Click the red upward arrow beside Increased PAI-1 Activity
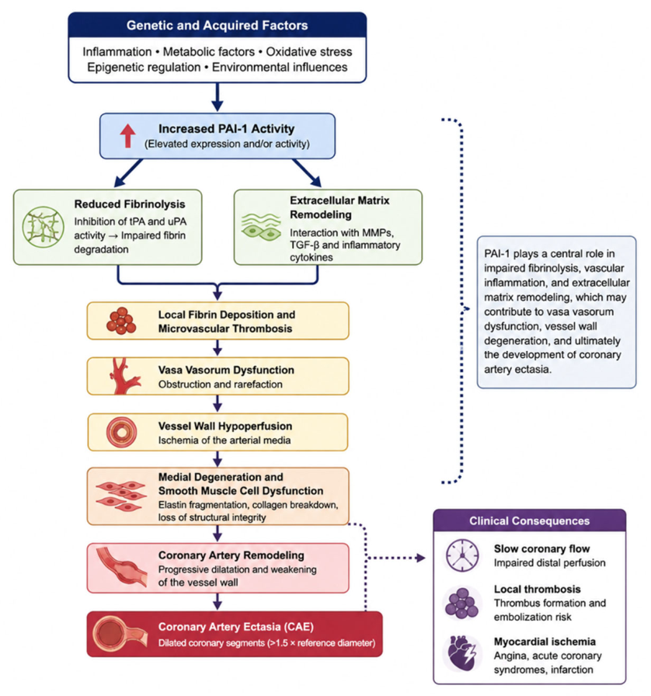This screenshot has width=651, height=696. click(x=128, y=135)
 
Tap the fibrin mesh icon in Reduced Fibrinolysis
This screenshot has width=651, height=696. click(x=43, y=227)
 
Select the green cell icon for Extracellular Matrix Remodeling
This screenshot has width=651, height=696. click(x=261, y=227)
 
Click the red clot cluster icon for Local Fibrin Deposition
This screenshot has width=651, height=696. click(x=120, y=321)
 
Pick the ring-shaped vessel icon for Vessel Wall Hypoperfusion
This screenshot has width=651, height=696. click(x=122, y=432)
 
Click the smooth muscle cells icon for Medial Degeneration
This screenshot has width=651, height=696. click(x=120, y=496)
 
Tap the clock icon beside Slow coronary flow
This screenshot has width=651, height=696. click(x=463, y=555)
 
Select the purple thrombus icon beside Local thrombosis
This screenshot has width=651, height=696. click(x=461, y=603)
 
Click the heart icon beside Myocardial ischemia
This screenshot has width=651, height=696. click(x=462, y=653)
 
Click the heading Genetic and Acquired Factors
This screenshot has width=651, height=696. click(x=218, y=26)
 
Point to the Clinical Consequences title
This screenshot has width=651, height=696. click(x=529, y=520)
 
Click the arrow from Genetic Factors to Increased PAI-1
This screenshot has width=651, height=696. click(x=218, y=97)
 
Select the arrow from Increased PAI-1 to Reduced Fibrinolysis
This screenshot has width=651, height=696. click(x=128, y=173)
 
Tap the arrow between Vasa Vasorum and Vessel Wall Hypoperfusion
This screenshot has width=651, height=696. click(x=218, y=403)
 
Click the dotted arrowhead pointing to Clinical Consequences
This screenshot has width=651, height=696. click(x=420, y=558)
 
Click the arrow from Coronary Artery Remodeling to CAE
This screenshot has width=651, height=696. click(x=218, y=601)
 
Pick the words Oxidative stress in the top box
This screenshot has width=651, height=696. click(x=309, y=51)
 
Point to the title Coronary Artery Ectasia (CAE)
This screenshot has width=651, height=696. click(x=236, y=627)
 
